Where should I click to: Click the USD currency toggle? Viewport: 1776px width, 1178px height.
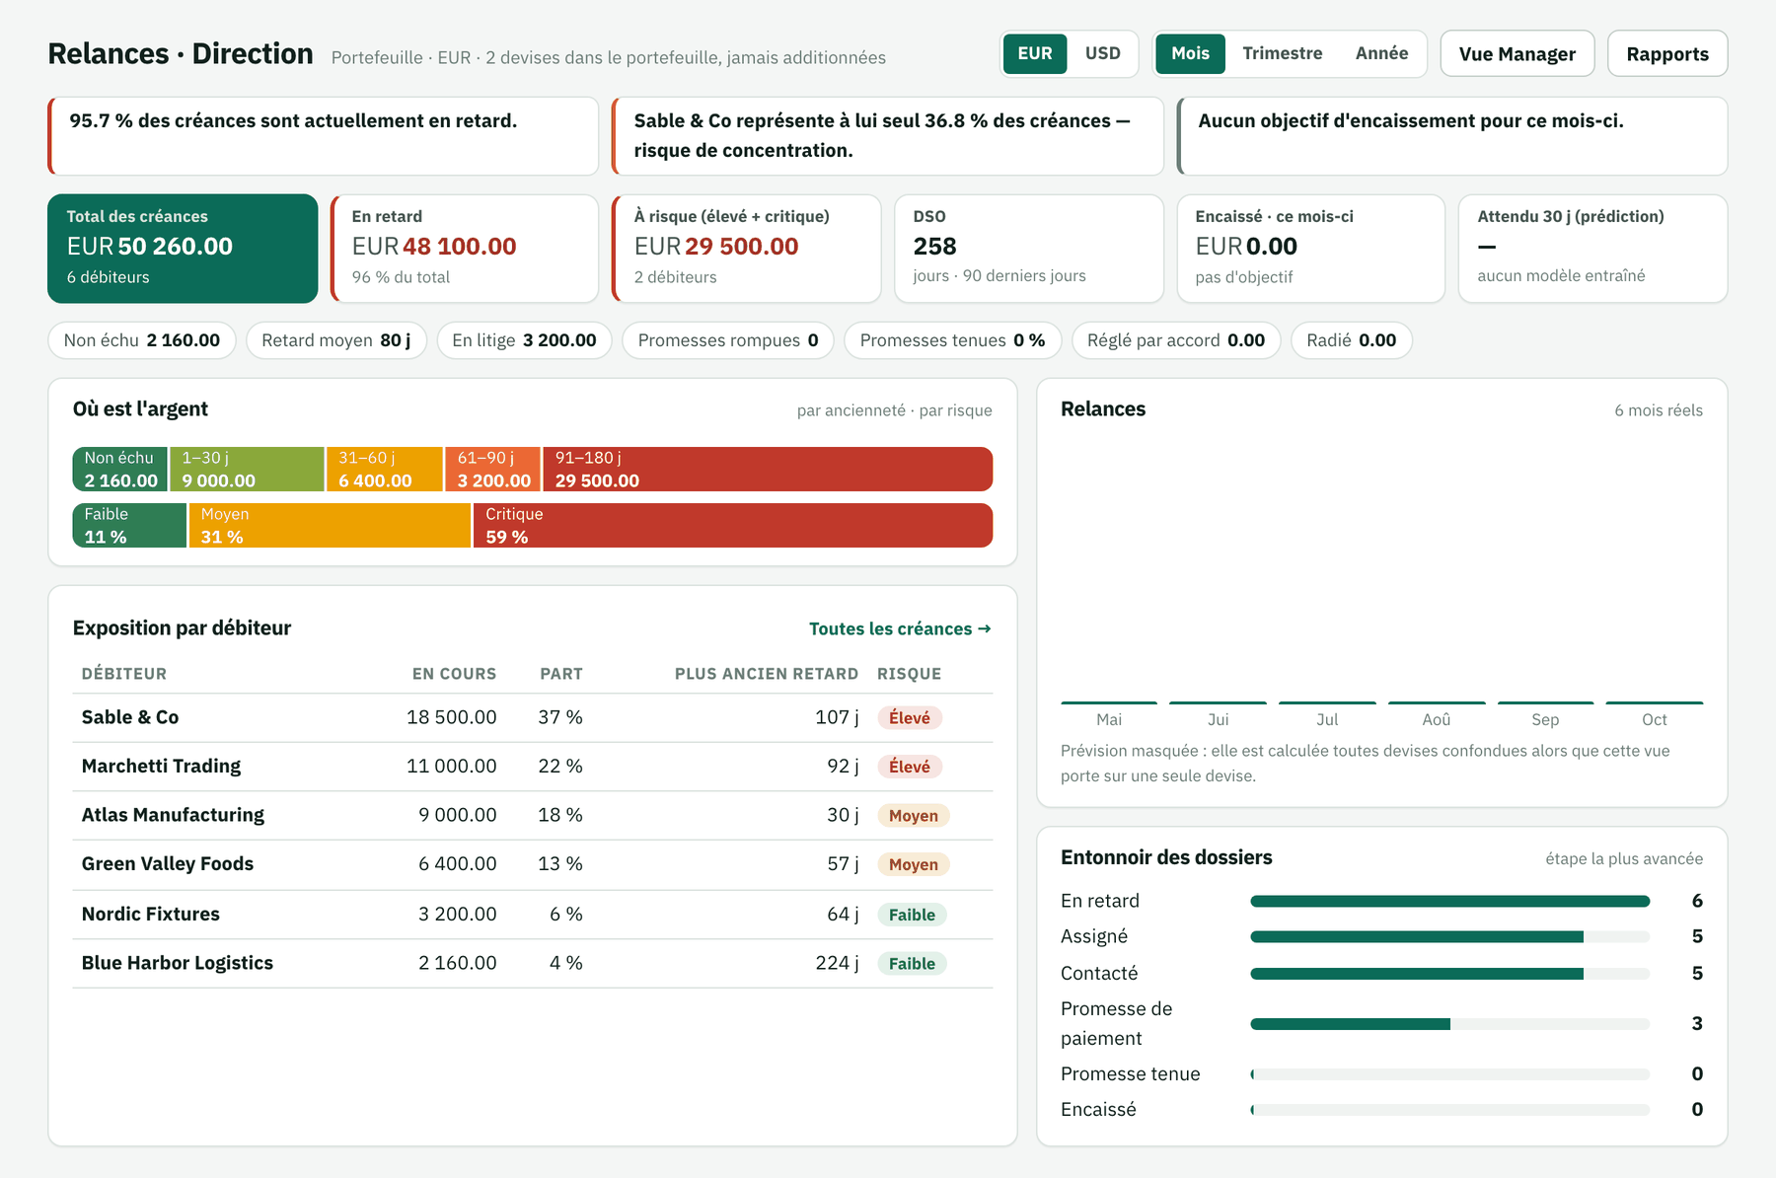point(1102,53)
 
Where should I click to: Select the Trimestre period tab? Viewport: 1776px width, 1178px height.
point(1282,53)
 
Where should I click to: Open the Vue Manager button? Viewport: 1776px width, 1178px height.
point(1517,53)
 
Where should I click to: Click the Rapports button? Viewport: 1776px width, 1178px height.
point(1666,53)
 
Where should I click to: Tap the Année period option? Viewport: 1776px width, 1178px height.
point(1381,53)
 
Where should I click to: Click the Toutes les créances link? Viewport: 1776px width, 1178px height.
point(900,628)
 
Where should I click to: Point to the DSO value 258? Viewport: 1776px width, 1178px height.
point(934,246)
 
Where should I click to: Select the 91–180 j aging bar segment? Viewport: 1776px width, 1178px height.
point(768,469)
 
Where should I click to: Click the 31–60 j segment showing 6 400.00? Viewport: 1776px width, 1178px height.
point(385,469)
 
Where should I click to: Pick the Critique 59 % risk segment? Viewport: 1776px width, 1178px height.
point(733,525)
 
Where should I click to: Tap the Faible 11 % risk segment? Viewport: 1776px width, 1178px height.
point(129,525)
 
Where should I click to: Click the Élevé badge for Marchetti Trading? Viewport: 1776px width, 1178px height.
point(909,767)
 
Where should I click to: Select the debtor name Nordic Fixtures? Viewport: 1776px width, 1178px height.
point(151,914)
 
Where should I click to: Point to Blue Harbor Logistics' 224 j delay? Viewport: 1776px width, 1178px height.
point(837,963)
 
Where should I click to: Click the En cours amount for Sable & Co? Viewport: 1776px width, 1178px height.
point(451,717)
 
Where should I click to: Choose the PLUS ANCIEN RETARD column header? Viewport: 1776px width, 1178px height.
point(767,674)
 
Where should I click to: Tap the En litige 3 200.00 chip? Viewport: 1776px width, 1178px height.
point(524,340)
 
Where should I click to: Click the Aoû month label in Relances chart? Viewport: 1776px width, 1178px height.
point(1437,719)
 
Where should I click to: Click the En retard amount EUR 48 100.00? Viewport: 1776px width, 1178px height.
point(434,246)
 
